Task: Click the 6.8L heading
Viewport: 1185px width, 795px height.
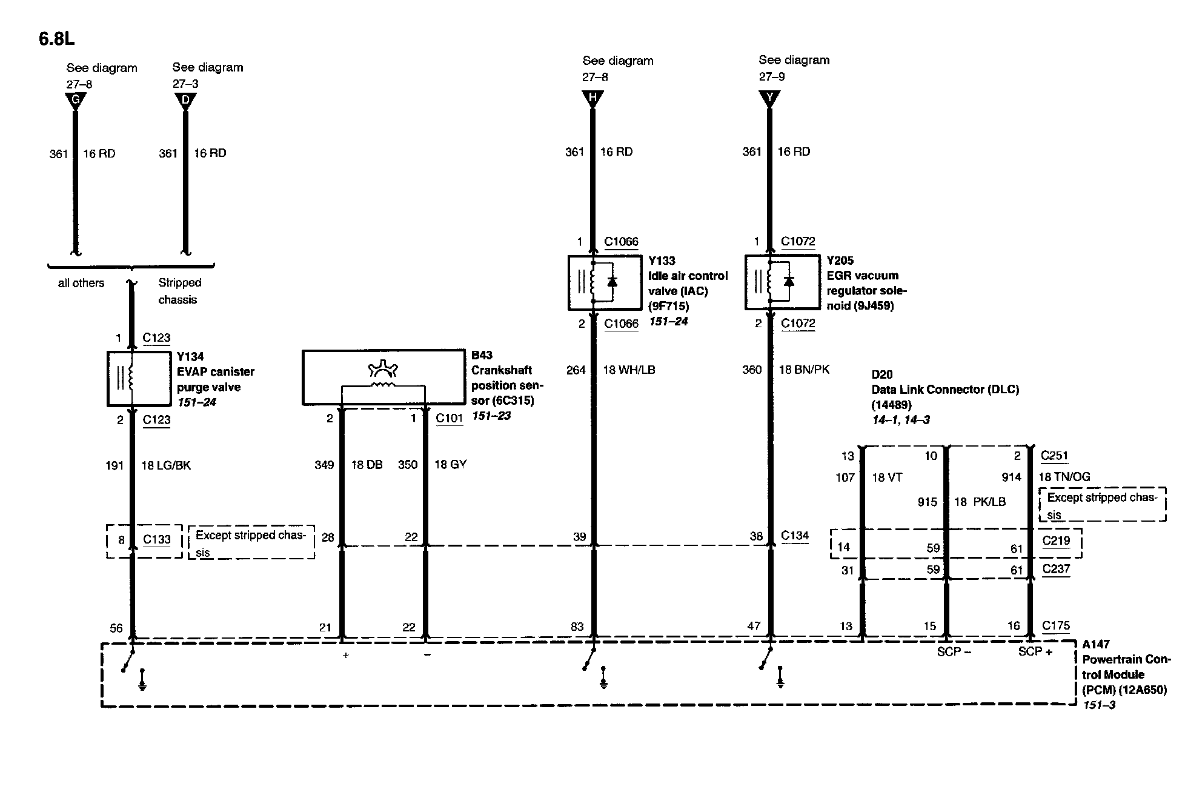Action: coord(57,39)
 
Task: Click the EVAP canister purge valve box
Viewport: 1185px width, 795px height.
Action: coord(139,378)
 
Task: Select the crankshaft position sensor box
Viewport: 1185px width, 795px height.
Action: coord(383,377)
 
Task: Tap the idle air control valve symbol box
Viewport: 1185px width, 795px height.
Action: coord(604,282)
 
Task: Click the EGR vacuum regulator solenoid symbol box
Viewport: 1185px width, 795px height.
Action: coord(781,282)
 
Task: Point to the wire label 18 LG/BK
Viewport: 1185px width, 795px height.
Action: coord(166,465)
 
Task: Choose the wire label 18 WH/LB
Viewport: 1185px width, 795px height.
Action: coord(629,370)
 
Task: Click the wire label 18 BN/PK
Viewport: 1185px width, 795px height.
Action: coord(804,370)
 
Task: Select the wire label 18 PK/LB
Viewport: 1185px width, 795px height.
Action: coord(980,502)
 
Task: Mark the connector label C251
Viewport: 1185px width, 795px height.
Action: coord(1054,456)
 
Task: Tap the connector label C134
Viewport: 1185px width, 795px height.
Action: coord(794,535)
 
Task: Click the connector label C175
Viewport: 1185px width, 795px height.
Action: coord(1055,625)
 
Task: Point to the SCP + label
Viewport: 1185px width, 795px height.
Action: coord(1035,651)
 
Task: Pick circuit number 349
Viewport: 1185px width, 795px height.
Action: coord(324,465)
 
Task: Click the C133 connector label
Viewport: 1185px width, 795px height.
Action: coord(156,539)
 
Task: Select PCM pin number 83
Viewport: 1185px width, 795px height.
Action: coord(577,627)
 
